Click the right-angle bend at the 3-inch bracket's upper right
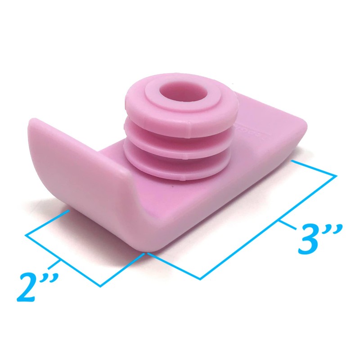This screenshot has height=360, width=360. pos(336,175)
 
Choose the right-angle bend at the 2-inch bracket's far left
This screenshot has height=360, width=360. pos(26,234)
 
